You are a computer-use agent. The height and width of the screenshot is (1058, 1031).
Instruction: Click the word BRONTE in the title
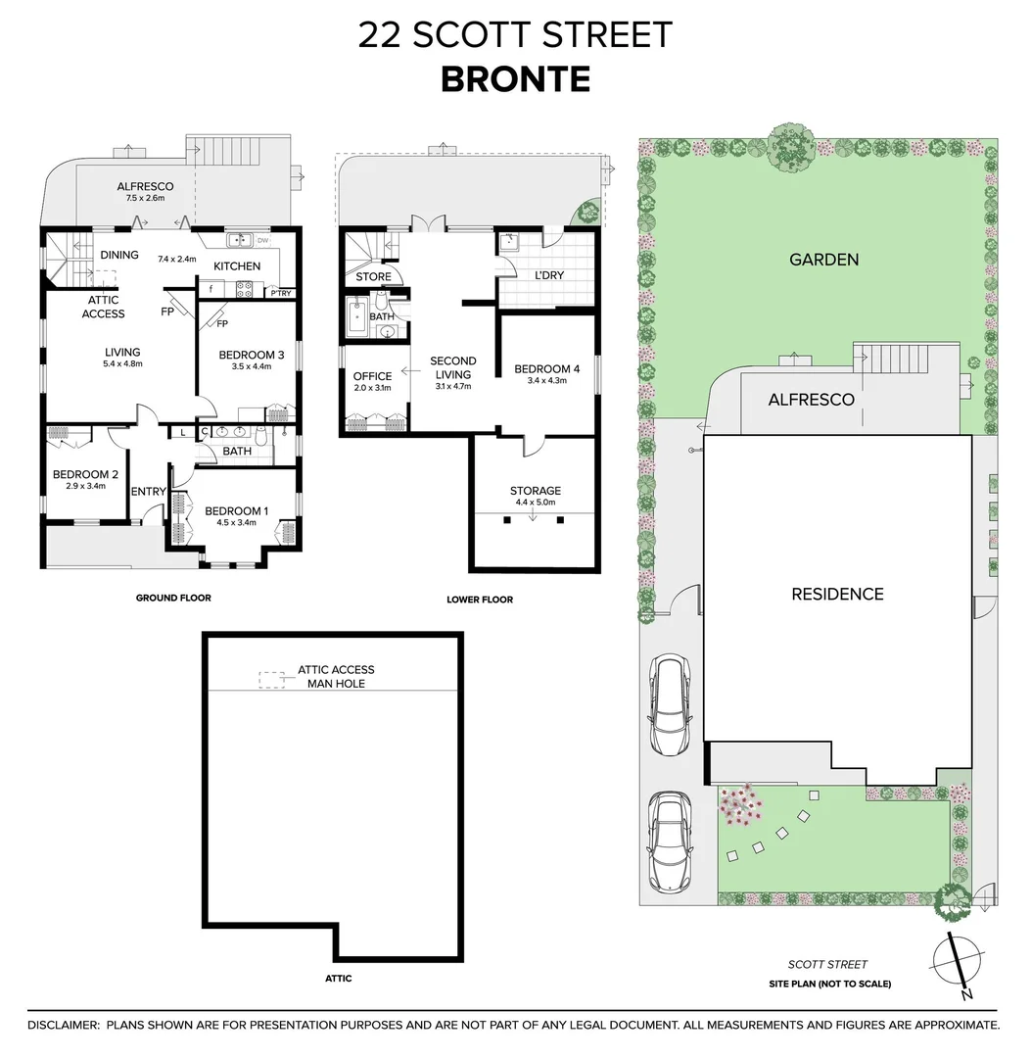pos(515,78)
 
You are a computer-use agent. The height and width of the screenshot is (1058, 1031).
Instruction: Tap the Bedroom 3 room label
pos(251,355)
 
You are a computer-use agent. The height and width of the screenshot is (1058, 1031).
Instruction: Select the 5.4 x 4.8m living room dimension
pos(123,363)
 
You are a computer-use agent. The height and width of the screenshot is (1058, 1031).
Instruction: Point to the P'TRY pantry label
pos(279,293)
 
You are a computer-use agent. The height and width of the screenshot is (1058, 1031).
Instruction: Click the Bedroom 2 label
pos(85,475)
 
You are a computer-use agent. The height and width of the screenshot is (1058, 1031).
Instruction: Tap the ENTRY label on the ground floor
pos(149,492)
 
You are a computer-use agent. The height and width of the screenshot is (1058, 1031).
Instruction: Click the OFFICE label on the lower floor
pos(372,376)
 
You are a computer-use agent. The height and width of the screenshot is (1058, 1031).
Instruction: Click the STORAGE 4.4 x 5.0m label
pos(535,496)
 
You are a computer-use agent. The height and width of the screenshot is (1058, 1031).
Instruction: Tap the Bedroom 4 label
pos(546,369)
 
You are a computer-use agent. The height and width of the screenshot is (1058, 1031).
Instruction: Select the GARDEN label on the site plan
pos(823,260)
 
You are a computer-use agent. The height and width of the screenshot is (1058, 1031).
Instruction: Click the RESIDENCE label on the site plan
pos(837,594)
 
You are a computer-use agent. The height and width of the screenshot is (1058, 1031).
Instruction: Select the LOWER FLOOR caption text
pos(479,600)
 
